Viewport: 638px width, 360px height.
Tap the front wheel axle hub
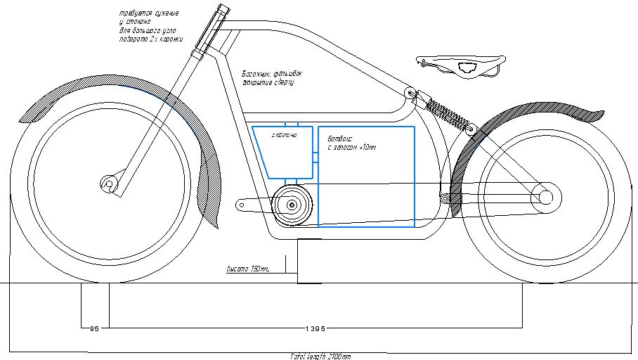pyautogui.click(x=109, y=184)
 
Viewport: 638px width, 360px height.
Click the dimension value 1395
pyautogui.click(x=315, y=328)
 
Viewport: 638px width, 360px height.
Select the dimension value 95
pyautogui.click(x=96, y=328)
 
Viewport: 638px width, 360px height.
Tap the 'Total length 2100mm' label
pyautogui.click(x=319, y=356)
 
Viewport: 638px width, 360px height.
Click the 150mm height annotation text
pyautogui.click(x=247, y=269)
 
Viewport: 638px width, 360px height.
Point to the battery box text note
pyautogui.click(x=351, y=143)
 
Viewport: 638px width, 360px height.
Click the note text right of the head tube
pyautogui.click(x=267, y=77)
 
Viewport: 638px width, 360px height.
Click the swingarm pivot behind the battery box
pyautogui.click(x=445, y=198)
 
